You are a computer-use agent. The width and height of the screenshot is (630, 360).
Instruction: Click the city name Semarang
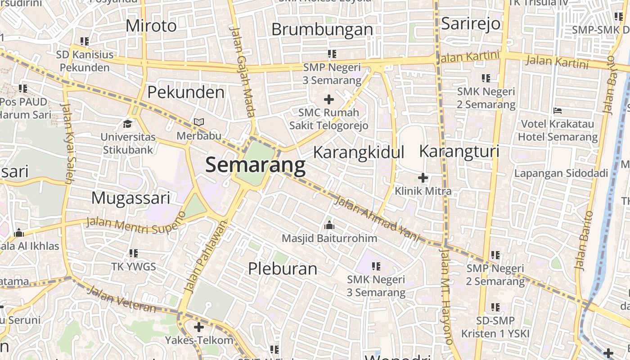coord(255,165)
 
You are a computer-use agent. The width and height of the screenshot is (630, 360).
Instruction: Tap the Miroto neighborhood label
coord(151,26)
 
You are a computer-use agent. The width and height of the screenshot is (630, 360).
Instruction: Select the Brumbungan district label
coord(322,30)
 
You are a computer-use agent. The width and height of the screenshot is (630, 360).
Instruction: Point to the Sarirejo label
coord(471,23)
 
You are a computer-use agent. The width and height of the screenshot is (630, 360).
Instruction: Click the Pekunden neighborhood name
coord(186,92)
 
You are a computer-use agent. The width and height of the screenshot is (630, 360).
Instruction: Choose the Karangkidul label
coord(359,152)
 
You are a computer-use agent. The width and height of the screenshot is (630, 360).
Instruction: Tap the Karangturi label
coord(459,151)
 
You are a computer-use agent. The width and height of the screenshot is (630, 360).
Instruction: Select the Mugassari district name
coord(130,198)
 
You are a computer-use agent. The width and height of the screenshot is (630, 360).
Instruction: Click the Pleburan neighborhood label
coord(283,269)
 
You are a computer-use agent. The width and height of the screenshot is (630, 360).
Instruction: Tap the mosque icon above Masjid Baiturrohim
coord(329,225)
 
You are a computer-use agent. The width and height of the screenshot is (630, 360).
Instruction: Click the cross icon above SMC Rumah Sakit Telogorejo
coord(329,99)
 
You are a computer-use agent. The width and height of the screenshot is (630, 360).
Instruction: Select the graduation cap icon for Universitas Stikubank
coord(128,123)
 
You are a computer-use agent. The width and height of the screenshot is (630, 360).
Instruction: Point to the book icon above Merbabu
coord(199,122)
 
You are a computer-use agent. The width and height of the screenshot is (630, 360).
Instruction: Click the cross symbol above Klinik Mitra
coord(423,177)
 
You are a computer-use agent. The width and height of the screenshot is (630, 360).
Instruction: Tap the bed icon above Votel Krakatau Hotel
coord(558,110)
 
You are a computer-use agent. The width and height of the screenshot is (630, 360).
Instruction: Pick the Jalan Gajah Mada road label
coord(243,71)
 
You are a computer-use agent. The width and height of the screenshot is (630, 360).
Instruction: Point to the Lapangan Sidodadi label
coord(561,173)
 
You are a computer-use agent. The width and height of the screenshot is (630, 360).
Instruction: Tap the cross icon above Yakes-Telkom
coord(198,327)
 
